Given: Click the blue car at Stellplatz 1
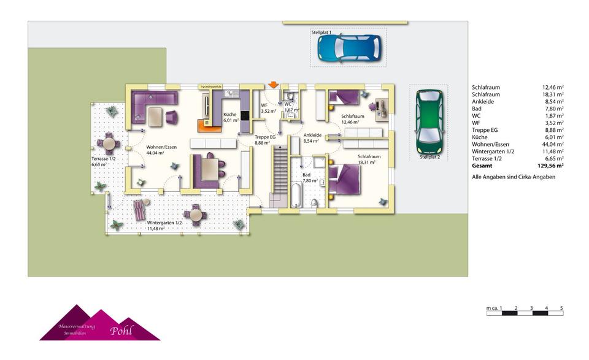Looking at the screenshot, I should [x=348, y=48].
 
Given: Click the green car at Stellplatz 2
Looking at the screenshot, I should [x=429, y=121].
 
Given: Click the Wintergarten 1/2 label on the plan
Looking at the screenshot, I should [x=164, y=225].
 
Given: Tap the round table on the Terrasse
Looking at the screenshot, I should [x=109, y=144].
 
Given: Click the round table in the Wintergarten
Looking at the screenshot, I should [x=196, y=214].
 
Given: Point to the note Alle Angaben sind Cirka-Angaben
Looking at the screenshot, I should [x=514, y=177].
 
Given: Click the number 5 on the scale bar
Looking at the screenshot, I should [x=561, y=308].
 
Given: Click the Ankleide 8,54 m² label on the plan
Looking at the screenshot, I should [x=312, y=137].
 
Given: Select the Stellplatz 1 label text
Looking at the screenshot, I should [x=321, y=32].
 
